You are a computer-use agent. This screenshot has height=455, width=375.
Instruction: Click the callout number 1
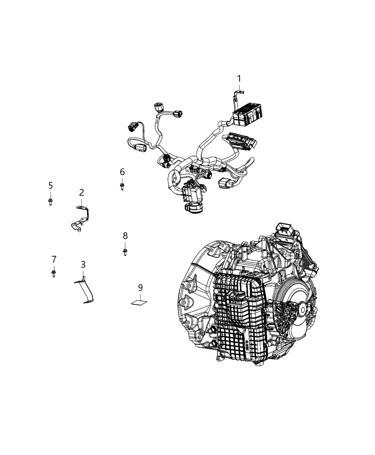pyautogui.click(x=239, y=79)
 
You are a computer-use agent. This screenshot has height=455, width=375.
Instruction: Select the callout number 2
pyautogui.click(x=81, y=193)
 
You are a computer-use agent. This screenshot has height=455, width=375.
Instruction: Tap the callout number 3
pyautogui.click(x=83, y=264)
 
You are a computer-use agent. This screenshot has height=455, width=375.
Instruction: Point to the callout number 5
pyautogui.click(x=50, y=185)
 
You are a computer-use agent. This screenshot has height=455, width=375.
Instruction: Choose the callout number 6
pyautogui.click(x=122, y=172)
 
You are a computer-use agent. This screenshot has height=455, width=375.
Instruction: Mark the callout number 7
pyautogui.click(x=54, y=259)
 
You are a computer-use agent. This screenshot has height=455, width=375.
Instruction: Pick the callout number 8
pyautogui.click(x=125, y=236)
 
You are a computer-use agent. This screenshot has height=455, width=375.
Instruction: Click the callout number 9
pyautogui.click(x=140, y=287)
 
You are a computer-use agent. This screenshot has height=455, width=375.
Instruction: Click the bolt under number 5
pyautogui.click(x=50, y=202)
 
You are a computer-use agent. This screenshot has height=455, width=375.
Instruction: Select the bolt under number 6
pyautogui.click(x=122, y=186)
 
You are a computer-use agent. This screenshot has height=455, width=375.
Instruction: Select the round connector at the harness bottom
pyautogui.click(x=193, y=209)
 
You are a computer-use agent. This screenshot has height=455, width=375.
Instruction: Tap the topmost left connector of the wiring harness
pyautogui.click(x=157, y=107)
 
